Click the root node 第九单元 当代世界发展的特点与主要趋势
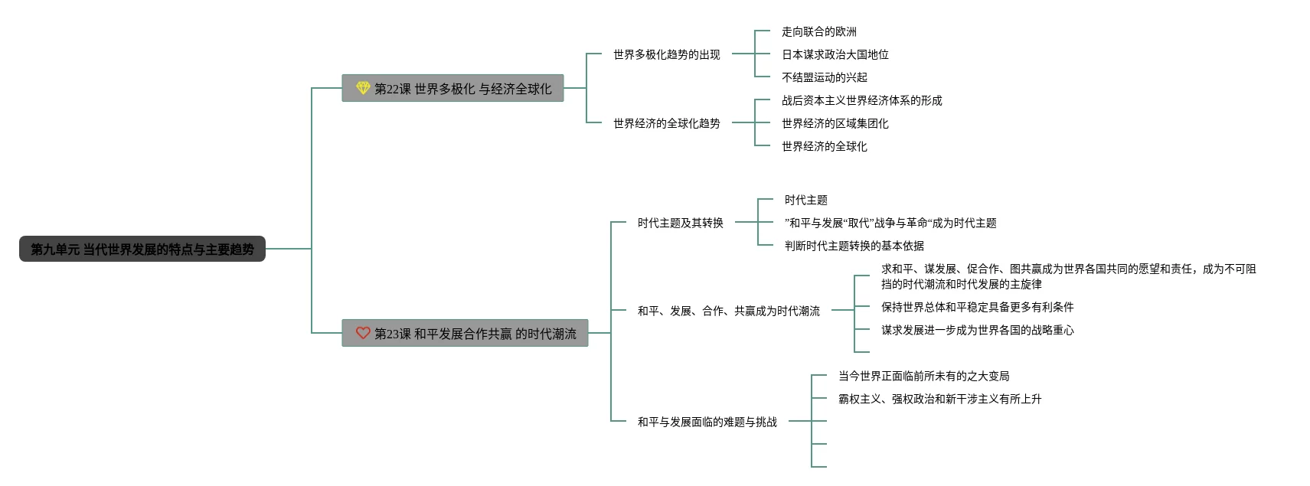click(142, 250)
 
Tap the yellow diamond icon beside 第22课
click(363, 88)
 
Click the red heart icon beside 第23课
click(363, 333)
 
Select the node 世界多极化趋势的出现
click(666, 54)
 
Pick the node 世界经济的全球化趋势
click(666, 123)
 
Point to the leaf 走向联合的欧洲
click(818, 31)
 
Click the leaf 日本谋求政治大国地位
click(835, 54)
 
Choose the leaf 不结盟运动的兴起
click(824, 77)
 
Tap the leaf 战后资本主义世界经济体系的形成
click(861, 100)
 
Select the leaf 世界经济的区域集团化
click(835, 123)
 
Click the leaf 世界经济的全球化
click(824, 146)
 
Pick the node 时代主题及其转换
click(680, 223)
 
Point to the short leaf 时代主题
click(806, 200)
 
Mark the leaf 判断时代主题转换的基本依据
click(854, 246)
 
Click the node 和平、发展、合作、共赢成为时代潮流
click(729, 311)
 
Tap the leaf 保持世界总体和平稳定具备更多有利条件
click(977, 307)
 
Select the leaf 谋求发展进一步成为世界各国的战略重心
click(977, 330)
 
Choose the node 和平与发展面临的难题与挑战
click(707, 422)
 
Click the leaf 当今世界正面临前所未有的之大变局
click(923, 376)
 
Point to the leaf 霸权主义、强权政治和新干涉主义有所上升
click(939, 399)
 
